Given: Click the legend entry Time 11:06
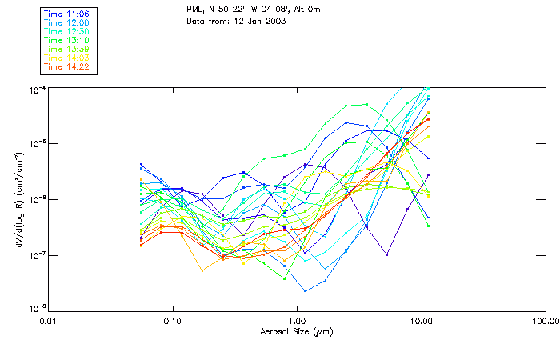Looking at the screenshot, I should (x=66, y=14).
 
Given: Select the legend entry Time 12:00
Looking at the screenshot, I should (x=66, y=22).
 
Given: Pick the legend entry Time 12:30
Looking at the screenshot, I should (x=66, y=31).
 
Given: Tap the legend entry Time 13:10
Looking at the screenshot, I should (x=66, y=40).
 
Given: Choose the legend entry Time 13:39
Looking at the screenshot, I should (x=66, y=49).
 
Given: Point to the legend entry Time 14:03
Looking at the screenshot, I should (x=66, y=58).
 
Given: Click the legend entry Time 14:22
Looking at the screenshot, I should (x=66, y=66).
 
